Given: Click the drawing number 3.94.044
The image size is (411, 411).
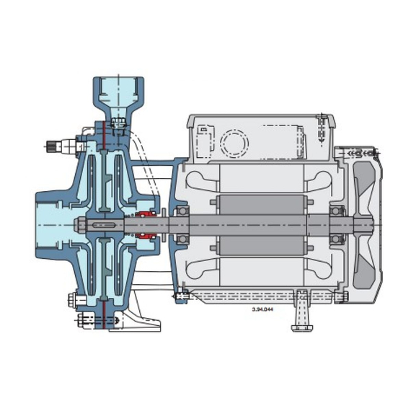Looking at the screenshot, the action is pos(262,309).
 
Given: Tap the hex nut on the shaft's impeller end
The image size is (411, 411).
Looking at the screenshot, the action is pos(79,225).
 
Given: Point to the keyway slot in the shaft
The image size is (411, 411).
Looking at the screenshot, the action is pos(104,225).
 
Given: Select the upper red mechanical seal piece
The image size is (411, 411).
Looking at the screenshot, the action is pos(146,214).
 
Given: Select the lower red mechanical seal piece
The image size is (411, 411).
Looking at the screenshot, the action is pos(146,236).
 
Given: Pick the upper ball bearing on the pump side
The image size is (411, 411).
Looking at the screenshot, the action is pos(182,211).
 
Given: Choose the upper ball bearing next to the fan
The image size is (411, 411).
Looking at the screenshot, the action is pos(336,211).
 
